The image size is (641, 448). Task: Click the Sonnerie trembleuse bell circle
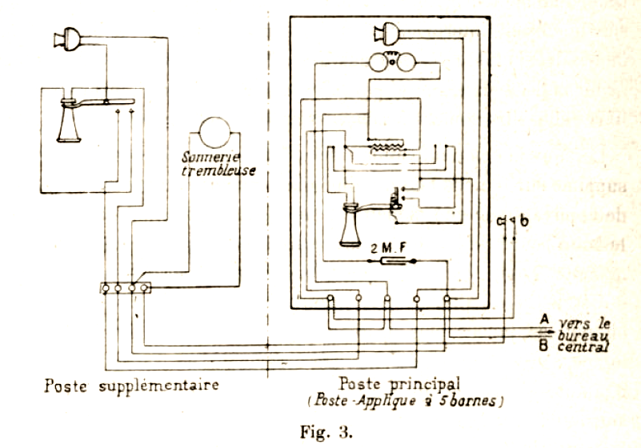pos(215,129)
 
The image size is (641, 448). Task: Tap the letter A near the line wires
pos(543,319)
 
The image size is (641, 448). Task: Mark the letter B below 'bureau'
pos(543,346)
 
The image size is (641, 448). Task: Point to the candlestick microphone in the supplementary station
pos(69,120)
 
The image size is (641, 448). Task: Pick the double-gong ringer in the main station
pos(390,61)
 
